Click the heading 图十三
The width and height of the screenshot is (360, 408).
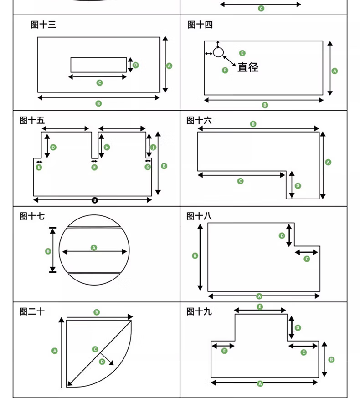pos(43,25)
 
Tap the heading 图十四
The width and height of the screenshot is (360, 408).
pos(200,25)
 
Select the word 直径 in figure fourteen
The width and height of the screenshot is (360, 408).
pos(248,67)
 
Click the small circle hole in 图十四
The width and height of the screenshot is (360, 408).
pos(219,52)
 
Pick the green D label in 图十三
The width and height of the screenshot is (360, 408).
pos(135,65)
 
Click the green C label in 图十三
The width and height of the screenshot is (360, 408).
pos(99,82)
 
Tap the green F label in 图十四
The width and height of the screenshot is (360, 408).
pos(225,70)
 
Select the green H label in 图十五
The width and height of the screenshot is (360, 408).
pos(107,147)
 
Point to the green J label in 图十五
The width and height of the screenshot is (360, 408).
pos(153,147)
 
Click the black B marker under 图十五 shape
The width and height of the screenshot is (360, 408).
pos(95,200)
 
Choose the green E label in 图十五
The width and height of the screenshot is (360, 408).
pos(39,167)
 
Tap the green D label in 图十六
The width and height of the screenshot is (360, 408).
pos(298,186)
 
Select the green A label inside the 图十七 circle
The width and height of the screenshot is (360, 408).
pos(94,248)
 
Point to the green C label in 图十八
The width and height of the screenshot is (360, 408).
pos(306,259)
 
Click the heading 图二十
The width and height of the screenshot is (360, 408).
pos(32,311)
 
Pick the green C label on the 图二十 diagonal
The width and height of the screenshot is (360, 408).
pos(95,349)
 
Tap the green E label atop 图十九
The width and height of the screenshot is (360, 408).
pos(260,306)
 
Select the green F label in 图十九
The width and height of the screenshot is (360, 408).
pos(224,351)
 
